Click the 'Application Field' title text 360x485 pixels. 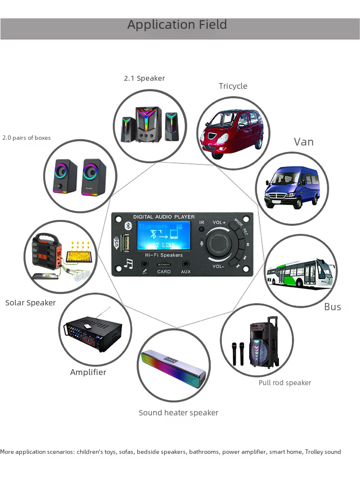(x=177, y=25)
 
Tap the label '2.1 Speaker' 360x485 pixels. (x=144, y=78)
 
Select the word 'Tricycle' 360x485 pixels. (x=233, y=86)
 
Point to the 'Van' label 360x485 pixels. (x=304, y=142)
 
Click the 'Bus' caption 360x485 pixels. (x=332, y=307)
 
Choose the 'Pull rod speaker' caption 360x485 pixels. (x=285, y=383)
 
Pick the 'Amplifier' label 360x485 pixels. (x=88, y=372)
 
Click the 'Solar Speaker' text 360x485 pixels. (x=30, y=303)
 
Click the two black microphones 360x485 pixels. (x=238, y=353)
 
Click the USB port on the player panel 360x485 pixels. (x=126, y=242)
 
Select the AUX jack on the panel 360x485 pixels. (x=186, y=264)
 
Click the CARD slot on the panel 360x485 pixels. (x=164, y=265)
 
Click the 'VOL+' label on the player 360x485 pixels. (x=219, y=222)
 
